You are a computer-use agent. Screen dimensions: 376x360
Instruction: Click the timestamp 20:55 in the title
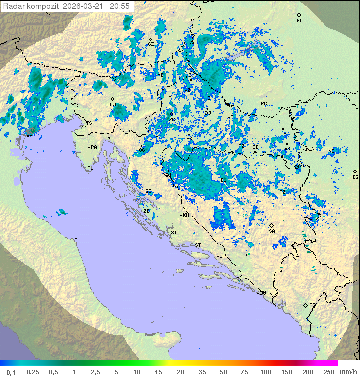tap(120, 6)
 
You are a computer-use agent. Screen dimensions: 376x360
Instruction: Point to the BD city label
tap(299, 21)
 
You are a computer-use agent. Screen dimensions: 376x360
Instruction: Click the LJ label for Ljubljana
tap(112, 105)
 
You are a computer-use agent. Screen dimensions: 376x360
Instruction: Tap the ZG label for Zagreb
tap(172, 119)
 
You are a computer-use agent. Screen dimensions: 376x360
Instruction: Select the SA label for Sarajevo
tap(272, 231)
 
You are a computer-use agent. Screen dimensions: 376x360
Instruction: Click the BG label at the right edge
tap(355, 177)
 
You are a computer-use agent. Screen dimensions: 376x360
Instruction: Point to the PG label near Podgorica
tap(313, 305)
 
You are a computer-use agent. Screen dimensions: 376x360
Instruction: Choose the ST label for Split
tap(198, 245)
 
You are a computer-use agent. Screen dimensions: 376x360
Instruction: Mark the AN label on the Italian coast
tap(77, 240)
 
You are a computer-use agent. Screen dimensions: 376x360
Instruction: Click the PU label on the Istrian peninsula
tap(90, 168)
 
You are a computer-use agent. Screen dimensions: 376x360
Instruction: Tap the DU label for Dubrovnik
tap(262, 293)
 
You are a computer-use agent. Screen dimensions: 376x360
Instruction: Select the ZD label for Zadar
tap(146, 211)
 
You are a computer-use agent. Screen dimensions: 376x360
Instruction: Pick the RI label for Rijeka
tap(110, 137)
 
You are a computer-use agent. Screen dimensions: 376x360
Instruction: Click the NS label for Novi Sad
tap(331, 151)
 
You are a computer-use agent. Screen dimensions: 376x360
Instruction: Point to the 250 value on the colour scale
tap(329, 372)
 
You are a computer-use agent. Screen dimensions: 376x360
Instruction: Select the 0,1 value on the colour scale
tap(11, 372)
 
